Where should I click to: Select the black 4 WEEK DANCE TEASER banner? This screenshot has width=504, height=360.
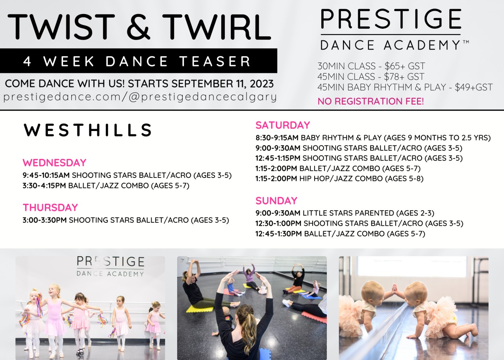[x=138, y=61]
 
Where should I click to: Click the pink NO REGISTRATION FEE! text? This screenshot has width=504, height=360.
[x=371, y=101]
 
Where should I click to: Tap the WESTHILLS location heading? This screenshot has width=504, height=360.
[x=88, y=130]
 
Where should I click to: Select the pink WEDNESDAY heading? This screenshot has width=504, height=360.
[x=54, y=162]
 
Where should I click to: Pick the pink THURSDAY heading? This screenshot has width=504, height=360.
[x=50, y=207]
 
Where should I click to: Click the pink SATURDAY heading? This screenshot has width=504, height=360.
[x=283, y=125]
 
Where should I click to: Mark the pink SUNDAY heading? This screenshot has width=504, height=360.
[x=276, y=201]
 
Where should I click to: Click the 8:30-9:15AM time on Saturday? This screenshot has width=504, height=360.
[x=277, y=138]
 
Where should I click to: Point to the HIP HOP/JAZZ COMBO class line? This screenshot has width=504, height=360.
[x=341, y=179]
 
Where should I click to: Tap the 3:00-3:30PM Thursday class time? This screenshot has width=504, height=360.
[x=44, y=220]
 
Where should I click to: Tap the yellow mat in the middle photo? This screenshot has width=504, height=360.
[x=199, y=309]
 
